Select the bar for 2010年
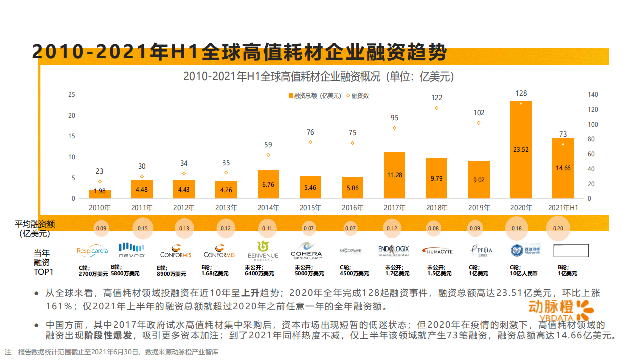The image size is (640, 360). click(100, 194)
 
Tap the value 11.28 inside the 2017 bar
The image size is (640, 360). click(394, 175)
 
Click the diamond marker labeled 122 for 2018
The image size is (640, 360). click(436, 108)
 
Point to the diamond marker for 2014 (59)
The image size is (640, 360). click(268, 155)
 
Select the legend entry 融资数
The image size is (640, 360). click(358, 95)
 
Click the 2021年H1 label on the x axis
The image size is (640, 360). click(563, 207)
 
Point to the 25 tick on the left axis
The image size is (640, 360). click(72, 95)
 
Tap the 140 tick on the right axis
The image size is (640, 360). click(593, 95)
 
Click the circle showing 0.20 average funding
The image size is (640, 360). click(558, 229)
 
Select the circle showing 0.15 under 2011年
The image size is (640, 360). click(142, 229)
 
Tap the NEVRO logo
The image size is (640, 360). click(132, 250)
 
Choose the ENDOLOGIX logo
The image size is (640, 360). click(394, 250)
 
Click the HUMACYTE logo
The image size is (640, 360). click(437, 251)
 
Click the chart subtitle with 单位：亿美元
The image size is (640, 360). click(318, 77)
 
